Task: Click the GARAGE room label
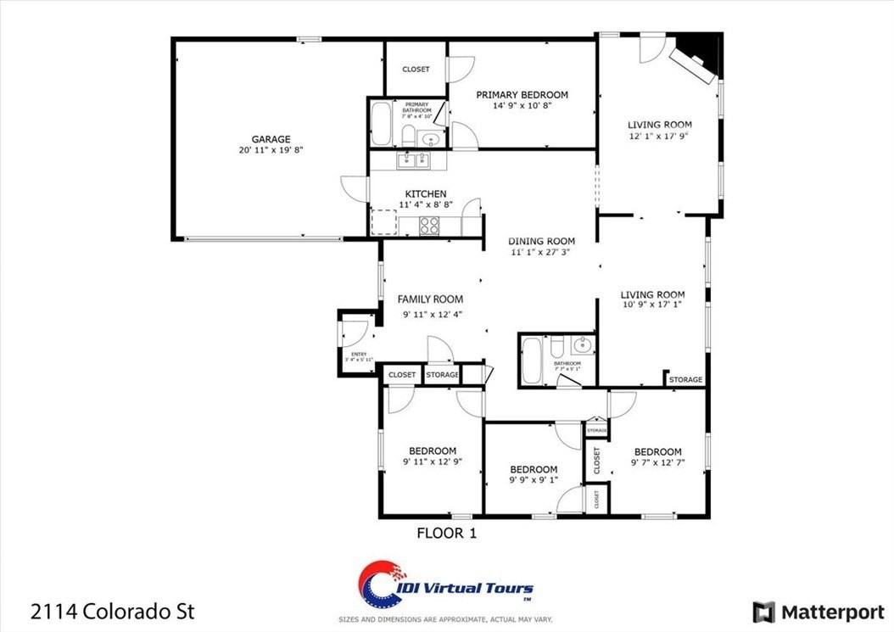271,139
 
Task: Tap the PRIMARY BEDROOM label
522,95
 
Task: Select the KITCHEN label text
426,194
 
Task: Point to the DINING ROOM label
542,241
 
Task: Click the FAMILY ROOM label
431,299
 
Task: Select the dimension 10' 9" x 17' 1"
652,307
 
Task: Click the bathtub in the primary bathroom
381,125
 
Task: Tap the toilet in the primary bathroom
408,136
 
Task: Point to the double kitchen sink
416,160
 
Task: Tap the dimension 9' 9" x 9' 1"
533,482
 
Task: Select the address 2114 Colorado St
113,611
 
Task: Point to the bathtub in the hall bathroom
532,361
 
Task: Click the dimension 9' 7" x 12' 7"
657,463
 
